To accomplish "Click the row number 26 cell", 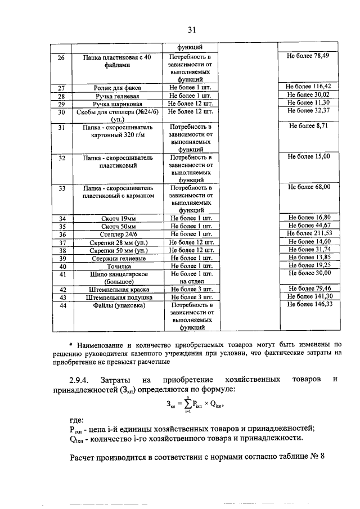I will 62,57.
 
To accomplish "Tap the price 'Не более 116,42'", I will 308,87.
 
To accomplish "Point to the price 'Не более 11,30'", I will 308,103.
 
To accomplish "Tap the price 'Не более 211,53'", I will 309,233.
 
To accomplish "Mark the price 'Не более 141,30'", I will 309,296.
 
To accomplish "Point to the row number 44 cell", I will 62,305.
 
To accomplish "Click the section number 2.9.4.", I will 83,381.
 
